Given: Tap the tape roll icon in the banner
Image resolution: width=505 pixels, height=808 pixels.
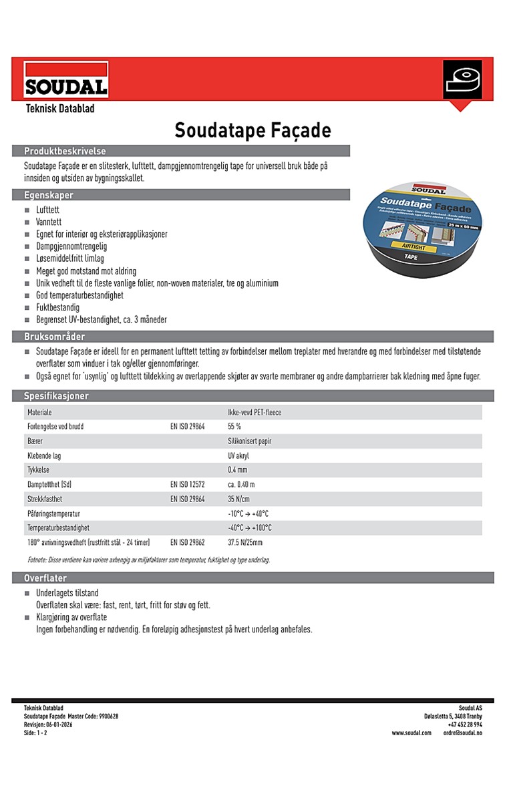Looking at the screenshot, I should [x=462, y=82].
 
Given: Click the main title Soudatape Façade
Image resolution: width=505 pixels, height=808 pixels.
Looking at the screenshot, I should [x=252, y=130].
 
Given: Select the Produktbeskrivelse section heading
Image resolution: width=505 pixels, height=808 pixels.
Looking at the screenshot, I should [x=65, y=151].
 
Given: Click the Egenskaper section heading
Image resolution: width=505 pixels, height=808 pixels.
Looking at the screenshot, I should [x=49, y=195].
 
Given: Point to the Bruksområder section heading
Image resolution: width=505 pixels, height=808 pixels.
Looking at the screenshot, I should [x=54, y=337].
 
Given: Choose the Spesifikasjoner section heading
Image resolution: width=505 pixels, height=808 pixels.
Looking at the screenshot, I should [x=56, y=396].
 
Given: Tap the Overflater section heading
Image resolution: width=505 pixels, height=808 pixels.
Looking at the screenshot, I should [x=46, y=578].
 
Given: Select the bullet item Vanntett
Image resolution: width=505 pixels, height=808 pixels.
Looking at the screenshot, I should [x=51, y=222].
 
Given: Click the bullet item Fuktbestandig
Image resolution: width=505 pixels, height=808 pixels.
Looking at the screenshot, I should [x=57, y=307].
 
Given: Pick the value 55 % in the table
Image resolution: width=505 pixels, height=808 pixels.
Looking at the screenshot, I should [x=234, y=427].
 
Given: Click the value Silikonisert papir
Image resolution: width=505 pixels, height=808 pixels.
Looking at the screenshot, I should [x=249, y=441].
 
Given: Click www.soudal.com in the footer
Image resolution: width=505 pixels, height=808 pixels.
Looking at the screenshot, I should [x=411, y=733].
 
